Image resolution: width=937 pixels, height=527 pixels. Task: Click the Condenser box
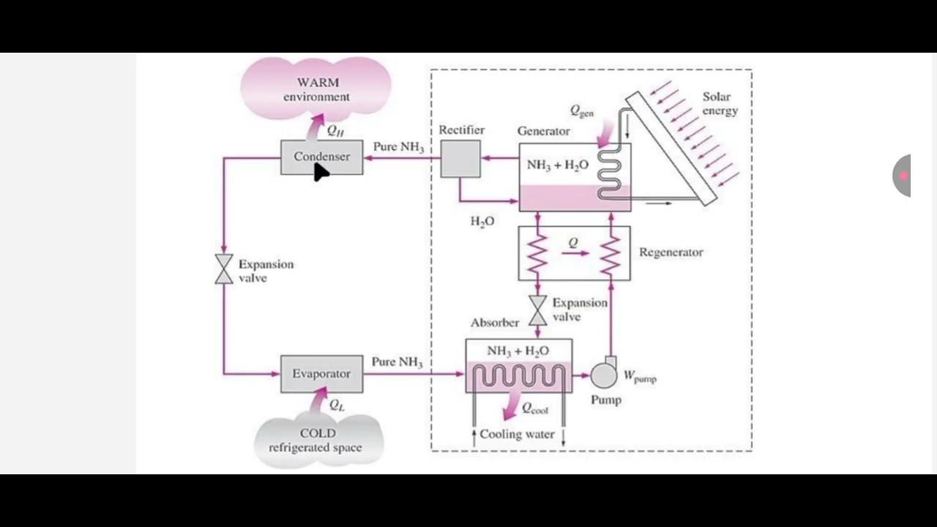[321, 157]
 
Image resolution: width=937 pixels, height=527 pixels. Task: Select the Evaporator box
[321, 373]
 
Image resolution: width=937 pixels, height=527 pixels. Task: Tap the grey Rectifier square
[460, 159]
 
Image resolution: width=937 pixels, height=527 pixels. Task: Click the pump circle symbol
[604, 375]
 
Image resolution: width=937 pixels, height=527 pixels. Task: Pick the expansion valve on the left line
[224, 269]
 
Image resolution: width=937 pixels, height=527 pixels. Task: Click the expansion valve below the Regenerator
[538, 310]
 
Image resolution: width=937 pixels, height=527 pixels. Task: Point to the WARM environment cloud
[316, 88]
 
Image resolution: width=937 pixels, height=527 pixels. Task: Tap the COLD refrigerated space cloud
[318, 439]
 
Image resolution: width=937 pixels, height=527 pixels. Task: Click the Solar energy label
[720, 103]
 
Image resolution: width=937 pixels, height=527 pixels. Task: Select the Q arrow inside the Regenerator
[575, 253]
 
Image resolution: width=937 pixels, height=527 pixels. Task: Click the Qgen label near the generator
[582, 111]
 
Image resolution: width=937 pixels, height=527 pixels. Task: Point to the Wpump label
[640, 377]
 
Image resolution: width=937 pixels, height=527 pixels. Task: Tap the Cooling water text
[517, 434]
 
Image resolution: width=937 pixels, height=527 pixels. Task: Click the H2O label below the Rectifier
[482, 221]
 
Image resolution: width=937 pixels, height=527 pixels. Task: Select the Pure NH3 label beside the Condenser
[398, 147]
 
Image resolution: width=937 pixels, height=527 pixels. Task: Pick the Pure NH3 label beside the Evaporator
[397, 362]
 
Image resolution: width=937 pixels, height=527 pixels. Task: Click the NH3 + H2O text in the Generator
[557, 165]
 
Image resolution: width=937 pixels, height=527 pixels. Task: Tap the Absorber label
[495, 322]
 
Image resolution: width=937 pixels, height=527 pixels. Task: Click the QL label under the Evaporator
[337, 405]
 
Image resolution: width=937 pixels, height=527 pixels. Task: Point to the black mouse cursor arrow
[321, 172]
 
